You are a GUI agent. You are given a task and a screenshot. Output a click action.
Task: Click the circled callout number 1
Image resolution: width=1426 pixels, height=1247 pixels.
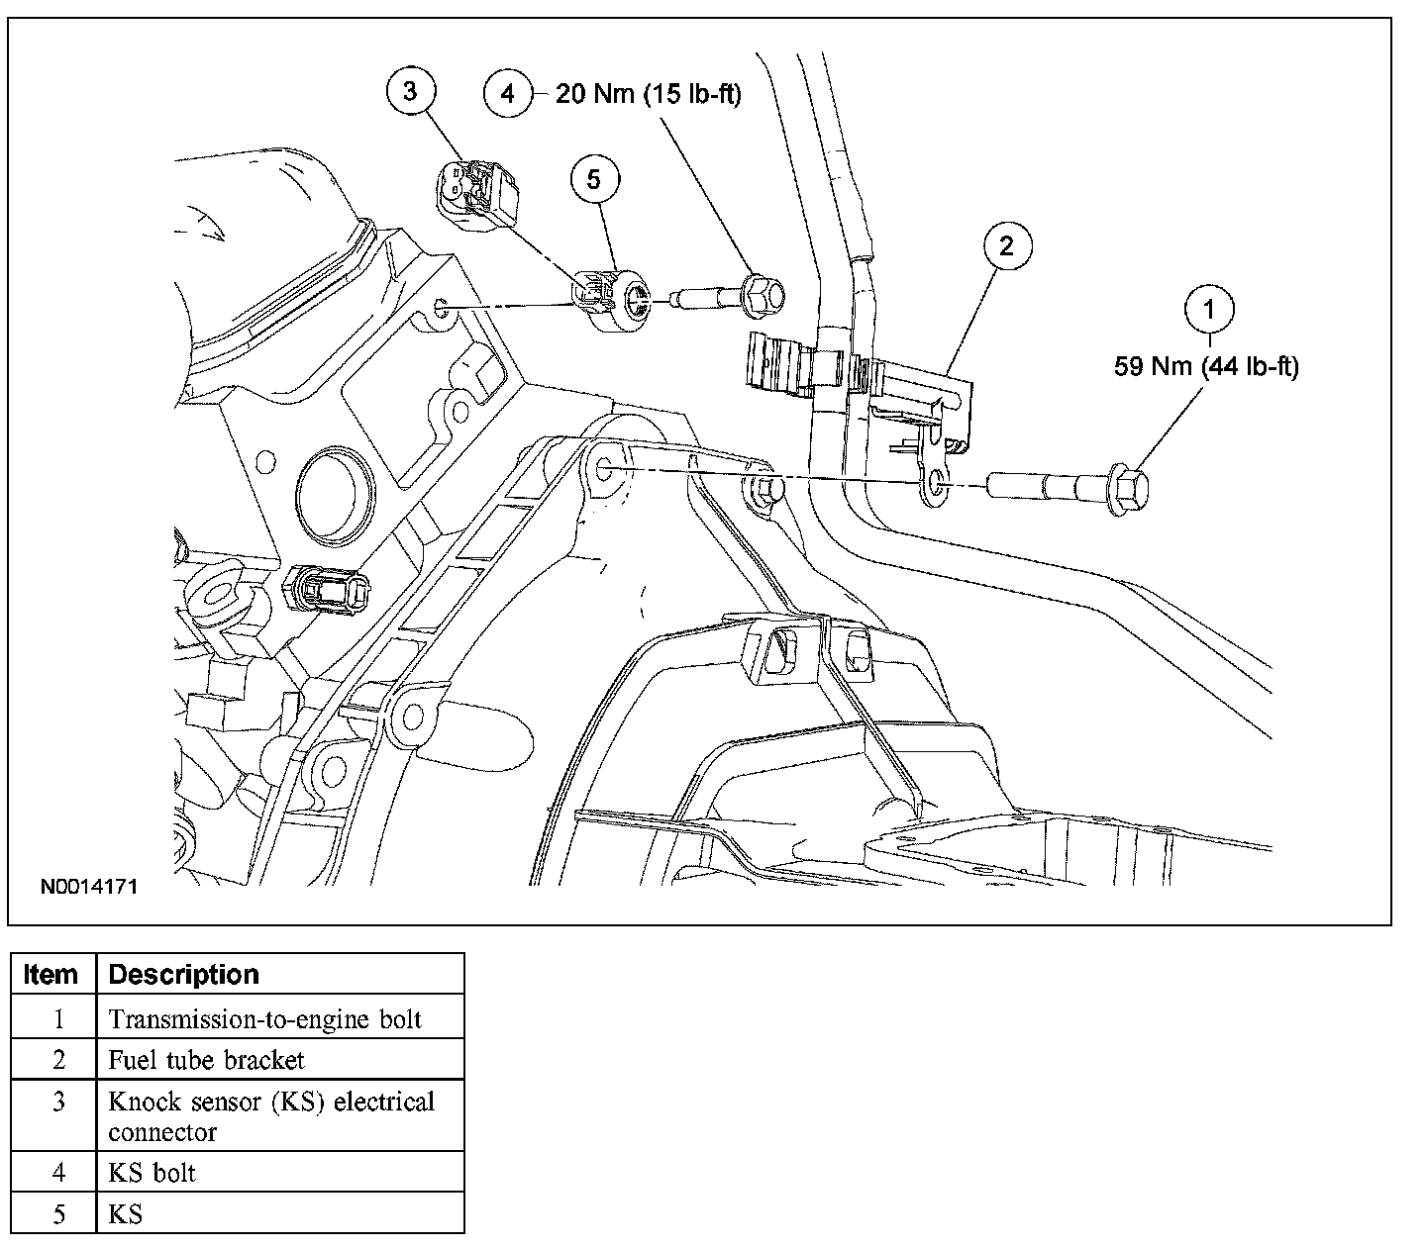tap(1209, 310)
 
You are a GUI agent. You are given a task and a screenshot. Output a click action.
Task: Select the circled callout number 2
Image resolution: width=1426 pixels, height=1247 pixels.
tap(1007, 245)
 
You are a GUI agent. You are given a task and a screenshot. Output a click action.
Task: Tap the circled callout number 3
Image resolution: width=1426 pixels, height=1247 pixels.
tap(411, 91)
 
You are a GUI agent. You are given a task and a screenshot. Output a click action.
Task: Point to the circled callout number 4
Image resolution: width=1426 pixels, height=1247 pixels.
tap(508, 93)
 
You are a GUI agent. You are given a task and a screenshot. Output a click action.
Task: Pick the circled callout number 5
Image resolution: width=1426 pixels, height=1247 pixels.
tap(594, 180)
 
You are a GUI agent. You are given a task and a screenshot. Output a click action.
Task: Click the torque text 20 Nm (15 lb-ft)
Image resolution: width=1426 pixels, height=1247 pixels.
tap(649, 94)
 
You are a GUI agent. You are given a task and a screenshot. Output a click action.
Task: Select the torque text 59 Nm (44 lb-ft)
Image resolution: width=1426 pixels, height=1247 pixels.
tap(1206, 366)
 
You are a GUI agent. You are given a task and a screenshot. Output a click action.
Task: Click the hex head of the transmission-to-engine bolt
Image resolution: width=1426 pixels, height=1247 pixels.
tap(1128, 489)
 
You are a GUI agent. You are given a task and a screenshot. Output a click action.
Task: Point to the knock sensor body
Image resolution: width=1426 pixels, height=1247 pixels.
tap(613, 301)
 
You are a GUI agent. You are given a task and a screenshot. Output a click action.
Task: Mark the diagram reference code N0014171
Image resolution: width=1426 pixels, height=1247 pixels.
tap(89, 887)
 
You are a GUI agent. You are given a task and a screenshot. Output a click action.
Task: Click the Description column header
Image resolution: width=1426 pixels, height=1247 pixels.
tap(184, 974)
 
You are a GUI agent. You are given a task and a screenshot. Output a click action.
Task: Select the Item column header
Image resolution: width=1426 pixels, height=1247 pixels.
tap(51, 974)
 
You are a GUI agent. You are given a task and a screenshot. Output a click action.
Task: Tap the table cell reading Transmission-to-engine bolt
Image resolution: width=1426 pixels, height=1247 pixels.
tap(264, 1019)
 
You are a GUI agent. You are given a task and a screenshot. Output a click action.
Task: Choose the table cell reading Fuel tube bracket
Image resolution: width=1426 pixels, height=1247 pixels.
tap(206, 1060)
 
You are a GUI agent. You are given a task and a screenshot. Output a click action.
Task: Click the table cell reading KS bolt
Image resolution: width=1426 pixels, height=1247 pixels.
tap(152, 1173)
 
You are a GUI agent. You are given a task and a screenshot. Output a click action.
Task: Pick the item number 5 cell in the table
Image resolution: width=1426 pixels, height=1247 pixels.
tap(59, 1214)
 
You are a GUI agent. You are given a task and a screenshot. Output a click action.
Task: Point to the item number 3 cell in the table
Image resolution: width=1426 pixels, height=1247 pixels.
tap(59, 1102)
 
